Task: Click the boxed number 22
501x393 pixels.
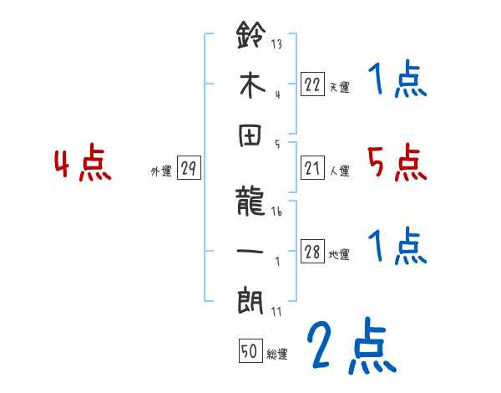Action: click(x=312, y=84)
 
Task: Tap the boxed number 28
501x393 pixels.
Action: click(x=312, y=253)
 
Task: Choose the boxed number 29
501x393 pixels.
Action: click(x=189, y=169)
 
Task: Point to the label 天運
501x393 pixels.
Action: click(x=339, y=86)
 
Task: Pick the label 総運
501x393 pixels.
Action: click(x=277, y=354)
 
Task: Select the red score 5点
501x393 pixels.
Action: click(x=397, y=163)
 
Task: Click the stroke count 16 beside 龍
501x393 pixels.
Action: click(x=278, y=212)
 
